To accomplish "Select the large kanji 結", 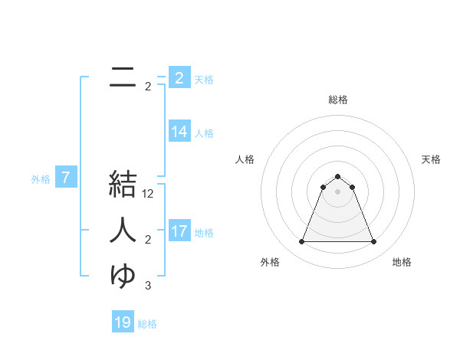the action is (123, 185).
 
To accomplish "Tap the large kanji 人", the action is (123, 229).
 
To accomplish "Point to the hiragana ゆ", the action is (123, 275).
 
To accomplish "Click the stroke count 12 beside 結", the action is (149, 195).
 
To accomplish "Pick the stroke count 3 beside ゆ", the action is (148, 286).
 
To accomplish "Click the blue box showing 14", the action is (179, 132).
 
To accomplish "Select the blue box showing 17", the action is (179, 231).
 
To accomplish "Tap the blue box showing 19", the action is (123, 322).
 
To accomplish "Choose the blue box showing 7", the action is (66, 178).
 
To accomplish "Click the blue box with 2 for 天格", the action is (179, 78).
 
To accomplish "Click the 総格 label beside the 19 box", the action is (147, 324).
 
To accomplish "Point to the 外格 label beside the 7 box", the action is (41, 179).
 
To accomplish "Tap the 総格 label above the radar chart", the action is (338, 100).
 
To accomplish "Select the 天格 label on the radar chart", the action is (431, 159).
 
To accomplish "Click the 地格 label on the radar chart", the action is (402, 262).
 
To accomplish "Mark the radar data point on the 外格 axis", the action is (301, 242).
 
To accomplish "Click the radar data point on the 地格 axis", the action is (374, 242).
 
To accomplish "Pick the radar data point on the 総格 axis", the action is (338, 177).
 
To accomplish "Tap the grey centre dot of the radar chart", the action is (338, 191).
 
